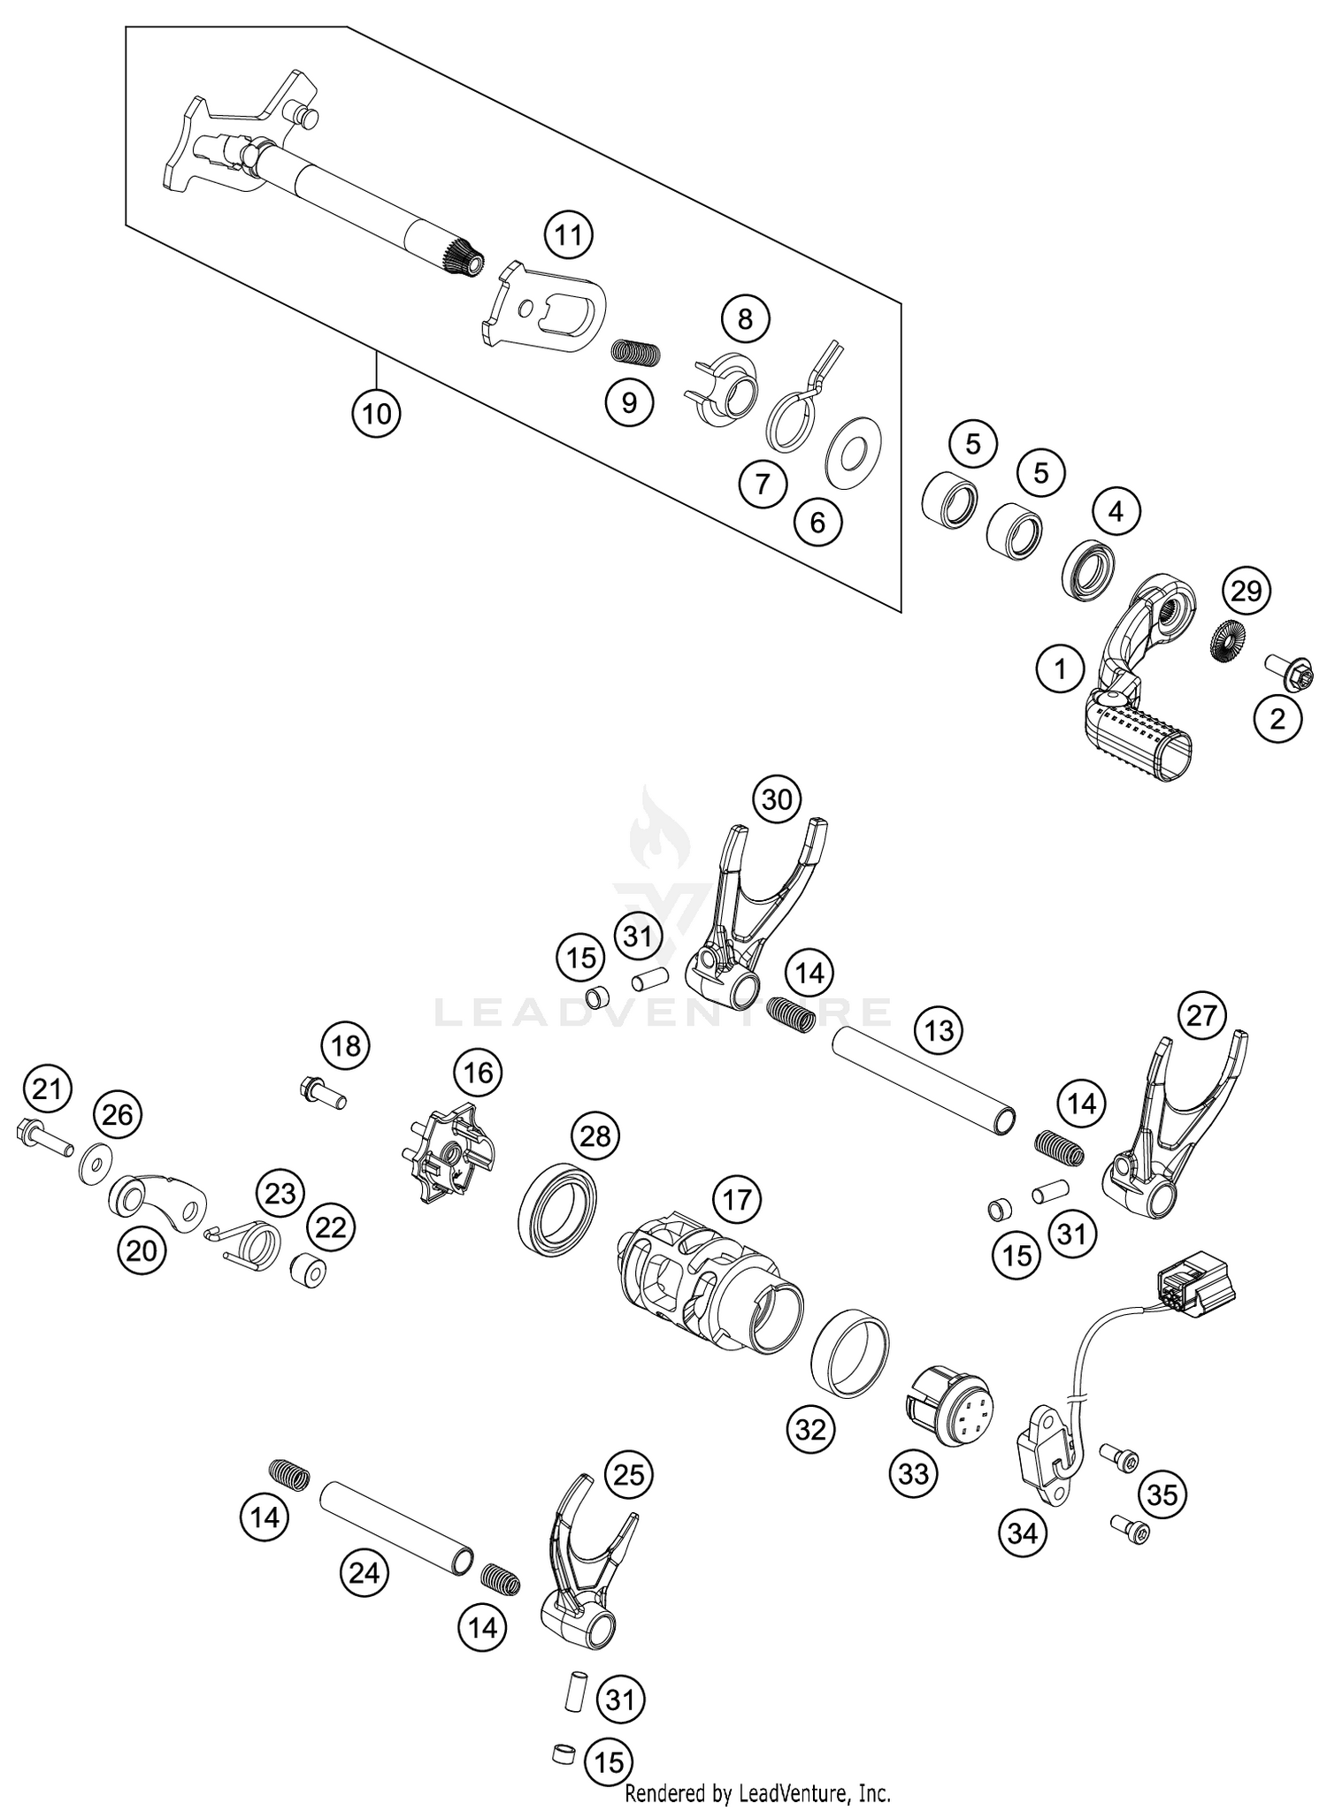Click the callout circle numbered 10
click(376, 413)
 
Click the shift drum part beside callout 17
click(708, 1278)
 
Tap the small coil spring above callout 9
click(637, 352)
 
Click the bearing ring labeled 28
click(556, 1210)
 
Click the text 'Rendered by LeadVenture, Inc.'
click(757, 1793)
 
